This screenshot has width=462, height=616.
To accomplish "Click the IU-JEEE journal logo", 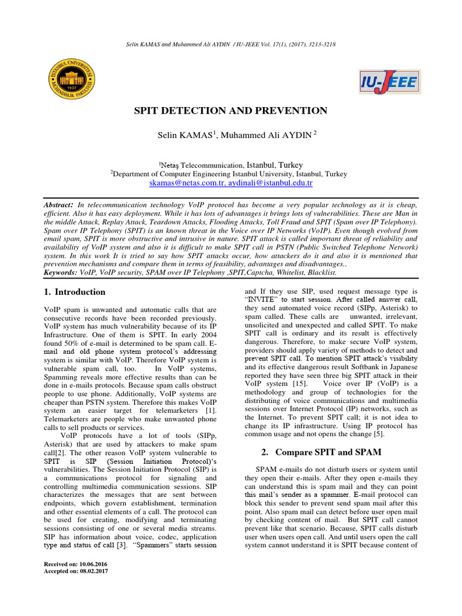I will pyautogui.click(x=388, y=82).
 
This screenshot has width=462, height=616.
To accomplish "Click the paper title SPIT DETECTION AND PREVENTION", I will pyautogui.click(x=231, y=111).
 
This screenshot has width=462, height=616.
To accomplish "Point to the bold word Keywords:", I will pyautogui.click(x=61, y=273).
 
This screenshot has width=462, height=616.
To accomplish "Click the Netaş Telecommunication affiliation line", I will pyautogui.click(x=231, y=165).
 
